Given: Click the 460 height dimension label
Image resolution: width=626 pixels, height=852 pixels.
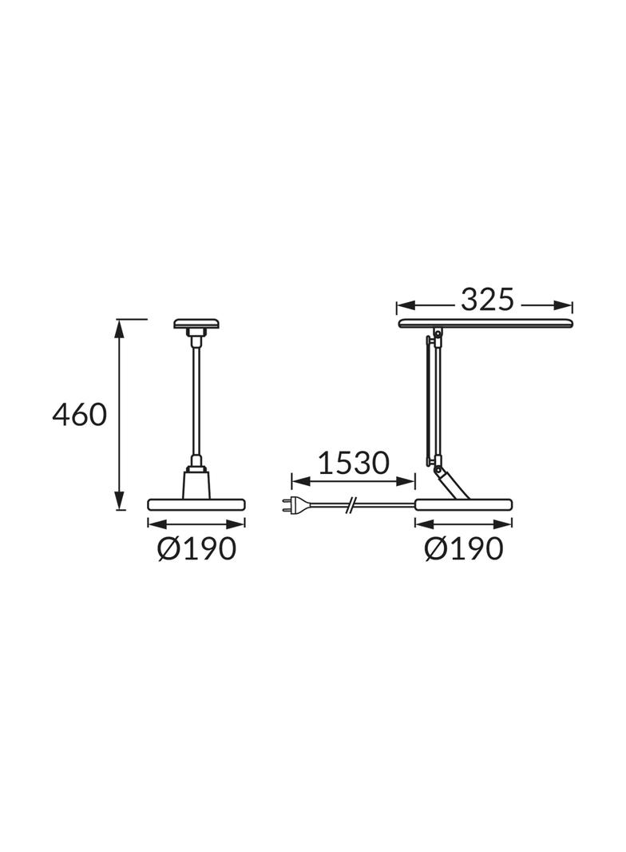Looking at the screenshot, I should pos(79,415).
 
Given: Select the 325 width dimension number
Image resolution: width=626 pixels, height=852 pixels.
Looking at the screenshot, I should pos(485,301).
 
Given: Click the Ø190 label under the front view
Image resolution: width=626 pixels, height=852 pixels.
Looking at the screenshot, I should pos(196,548).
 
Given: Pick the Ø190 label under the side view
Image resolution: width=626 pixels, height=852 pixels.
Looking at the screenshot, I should pos(463,548).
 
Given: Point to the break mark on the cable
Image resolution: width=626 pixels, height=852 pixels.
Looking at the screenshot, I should pos(352,504).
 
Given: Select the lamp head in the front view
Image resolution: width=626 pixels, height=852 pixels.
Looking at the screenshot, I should pos(196,324).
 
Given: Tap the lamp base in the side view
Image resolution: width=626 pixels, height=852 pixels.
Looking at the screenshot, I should pos(463,504).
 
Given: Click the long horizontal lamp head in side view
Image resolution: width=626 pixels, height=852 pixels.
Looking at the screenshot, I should pos(485,323).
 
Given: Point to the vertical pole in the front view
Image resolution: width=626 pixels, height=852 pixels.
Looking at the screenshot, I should pos(196,400).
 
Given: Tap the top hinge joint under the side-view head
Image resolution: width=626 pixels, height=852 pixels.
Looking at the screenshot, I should pos(436,333).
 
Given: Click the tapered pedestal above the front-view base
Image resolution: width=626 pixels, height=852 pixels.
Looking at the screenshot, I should pos(196,483).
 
